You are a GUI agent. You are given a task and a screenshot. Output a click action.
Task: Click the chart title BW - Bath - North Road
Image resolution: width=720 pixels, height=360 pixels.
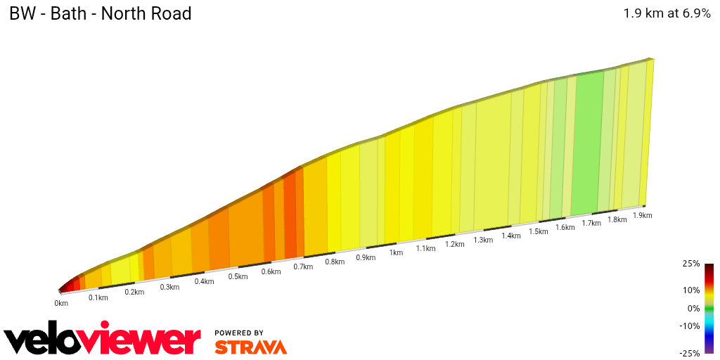pos(101,13)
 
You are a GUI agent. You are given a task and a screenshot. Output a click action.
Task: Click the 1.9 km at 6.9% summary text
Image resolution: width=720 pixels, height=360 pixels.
pos(667,13)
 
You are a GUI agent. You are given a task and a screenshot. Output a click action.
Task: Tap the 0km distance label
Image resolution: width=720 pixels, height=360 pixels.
pos(61,303)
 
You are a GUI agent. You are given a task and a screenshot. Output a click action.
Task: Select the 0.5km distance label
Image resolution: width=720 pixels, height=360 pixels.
pos(238,276)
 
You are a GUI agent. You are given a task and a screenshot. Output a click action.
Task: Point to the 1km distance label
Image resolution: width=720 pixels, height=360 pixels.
pos(396,252)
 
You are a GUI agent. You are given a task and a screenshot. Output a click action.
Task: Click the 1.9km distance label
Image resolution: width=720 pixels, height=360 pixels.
pos(643,215)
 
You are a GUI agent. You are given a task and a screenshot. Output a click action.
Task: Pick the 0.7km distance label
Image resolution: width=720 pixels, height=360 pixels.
pos(303,266)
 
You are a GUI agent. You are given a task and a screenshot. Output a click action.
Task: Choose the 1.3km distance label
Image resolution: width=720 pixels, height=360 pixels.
pos(483,240)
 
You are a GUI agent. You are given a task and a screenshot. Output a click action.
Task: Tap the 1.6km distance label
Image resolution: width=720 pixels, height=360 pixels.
pos(565,227)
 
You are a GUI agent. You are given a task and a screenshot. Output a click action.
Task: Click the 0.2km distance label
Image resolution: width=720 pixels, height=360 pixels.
pos(134,292)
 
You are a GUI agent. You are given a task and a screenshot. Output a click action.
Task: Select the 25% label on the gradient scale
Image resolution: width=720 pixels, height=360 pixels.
pos(691,264)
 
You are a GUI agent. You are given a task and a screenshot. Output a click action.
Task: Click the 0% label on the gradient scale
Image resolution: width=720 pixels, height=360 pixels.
pos(693,308)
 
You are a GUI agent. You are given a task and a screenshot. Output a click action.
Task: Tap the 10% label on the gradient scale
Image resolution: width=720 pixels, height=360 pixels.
pos(691,290)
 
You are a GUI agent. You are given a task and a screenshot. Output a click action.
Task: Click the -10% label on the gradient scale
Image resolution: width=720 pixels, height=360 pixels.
pos(690,326)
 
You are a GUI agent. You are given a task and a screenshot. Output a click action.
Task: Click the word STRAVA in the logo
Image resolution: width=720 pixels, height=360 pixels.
pos(250,347)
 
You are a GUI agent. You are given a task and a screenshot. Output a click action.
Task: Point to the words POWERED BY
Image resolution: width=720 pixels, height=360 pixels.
pos(239,333)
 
